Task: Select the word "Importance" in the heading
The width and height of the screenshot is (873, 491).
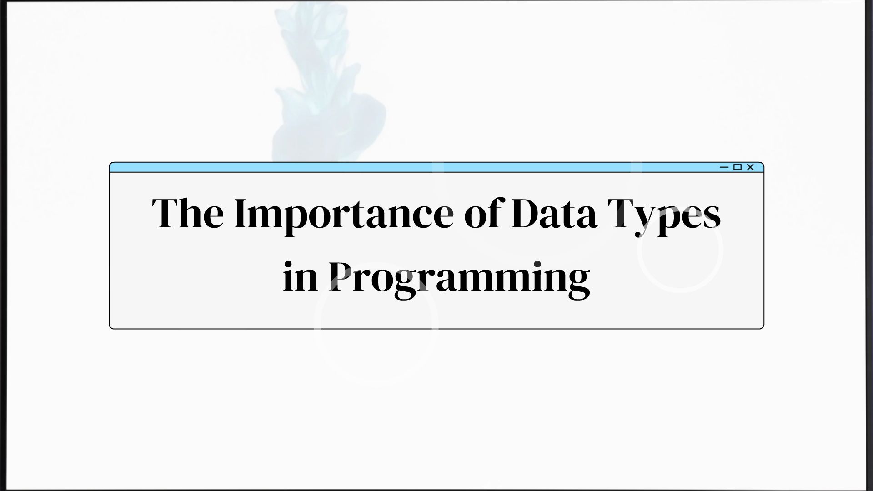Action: coord(344,214)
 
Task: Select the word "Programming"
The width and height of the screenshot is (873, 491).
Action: coord(459,278)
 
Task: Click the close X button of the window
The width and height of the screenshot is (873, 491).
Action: coord(750,167)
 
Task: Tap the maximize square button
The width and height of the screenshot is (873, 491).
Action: coord(738,167)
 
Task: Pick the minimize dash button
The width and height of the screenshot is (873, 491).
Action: coord(724,167)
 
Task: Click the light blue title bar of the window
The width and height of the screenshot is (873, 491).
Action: coord(409,167)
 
